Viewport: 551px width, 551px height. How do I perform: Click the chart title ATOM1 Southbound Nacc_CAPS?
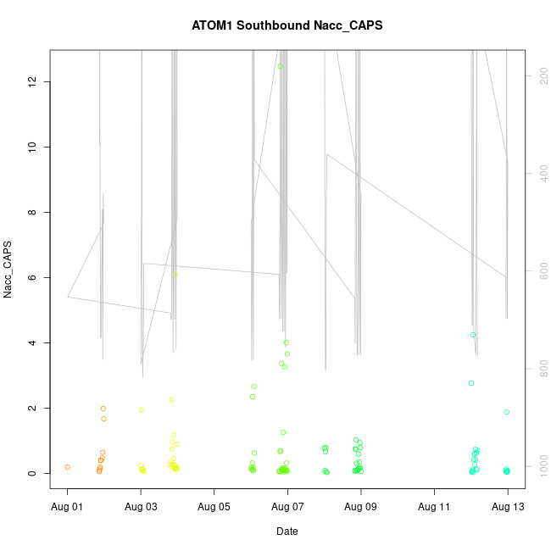click(x=287, y=25)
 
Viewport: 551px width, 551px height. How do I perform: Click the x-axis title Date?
click(x=287, y=532)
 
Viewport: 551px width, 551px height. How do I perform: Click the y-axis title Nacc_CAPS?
click(x=8, y=270)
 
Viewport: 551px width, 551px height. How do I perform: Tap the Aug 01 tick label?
click(x=68, y=506)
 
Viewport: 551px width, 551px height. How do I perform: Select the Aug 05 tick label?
click(x=214, y=506)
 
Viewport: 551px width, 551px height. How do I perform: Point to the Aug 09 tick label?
click(x=361, y=506)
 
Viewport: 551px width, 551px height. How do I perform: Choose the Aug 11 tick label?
click(x=434, y=506)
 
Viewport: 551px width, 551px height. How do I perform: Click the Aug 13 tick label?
click(x=508, y=506)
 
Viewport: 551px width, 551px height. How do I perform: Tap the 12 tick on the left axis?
click(x=32, y=81)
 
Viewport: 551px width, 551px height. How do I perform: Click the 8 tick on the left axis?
click(x=32, y=212)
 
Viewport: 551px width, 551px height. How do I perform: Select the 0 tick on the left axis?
click(x=32, y=473)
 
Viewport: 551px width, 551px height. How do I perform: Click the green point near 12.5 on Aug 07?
click(x=280, y=66)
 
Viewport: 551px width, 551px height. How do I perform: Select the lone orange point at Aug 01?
click(x=68, y=467)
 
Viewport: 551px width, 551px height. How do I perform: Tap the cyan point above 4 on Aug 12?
click(x=473, y=335)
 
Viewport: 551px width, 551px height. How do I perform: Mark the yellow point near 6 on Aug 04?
click(x=174, y=275)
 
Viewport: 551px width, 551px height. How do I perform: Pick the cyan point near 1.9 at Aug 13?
click(x=507, y=412)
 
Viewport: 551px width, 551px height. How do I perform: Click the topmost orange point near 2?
click(x=103, y=409)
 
